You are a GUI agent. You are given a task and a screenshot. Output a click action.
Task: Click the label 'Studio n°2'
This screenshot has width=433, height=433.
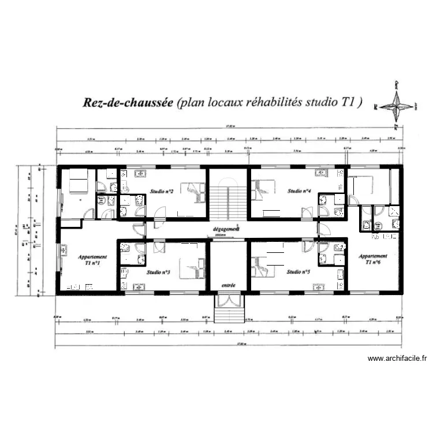(162, 191)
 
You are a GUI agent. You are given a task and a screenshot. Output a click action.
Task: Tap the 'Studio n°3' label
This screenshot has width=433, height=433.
(158, 272)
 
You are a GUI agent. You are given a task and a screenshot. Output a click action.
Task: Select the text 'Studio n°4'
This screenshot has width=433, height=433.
(300, 191)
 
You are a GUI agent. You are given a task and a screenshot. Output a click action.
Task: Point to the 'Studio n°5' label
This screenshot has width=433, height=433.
(298, 272)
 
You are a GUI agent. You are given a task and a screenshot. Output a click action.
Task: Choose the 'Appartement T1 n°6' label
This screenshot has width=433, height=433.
(373, 259)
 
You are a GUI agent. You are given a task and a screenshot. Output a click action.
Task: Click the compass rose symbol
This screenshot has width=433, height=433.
(397, 106)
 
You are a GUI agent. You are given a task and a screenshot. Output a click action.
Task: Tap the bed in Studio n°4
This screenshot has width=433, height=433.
(262, 189)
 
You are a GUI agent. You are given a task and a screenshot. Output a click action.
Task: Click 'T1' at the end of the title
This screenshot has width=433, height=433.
(349, 103)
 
